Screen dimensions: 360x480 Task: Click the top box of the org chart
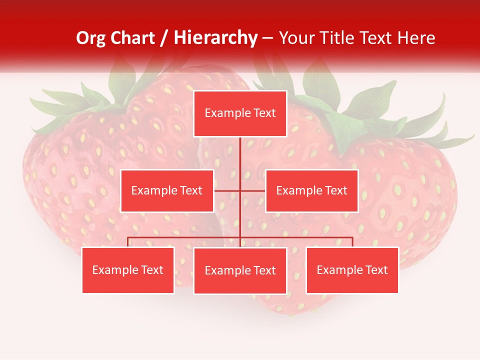point(240,113)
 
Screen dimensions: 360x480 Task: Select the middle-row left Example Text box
point(167,190)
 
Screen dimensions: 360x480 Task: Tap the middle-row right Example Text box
point(311,190)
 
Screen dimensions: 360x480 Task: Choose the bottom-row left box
point(128,270)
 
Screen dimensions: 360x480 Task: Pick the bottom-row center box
point(240,270)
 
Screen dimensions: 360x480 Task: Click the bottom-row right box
point(352,270)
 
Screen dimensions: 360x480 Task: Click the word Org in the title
point(91,38)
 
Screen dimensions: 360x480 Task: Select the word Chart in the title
point(132,38)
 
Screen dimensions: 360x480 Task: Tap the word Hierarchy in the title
point(215,38)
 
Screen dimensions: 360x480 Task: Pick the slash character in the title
point(164,38)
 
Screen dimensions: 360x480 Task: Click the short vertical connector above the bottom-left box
point(128,242)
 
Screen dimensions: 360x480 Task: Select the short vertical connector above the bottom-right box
point(352,242)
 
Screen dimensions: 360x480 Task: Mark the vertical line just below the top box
point(240,150)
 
